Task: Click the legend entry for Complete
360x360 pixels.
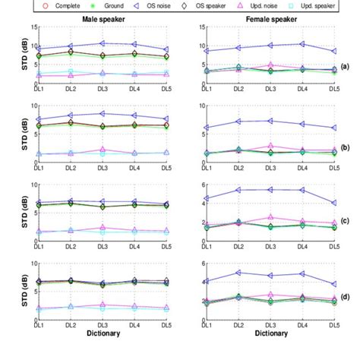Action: coord(55,5)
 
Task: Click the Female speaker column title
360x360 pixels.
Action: coord(266,17)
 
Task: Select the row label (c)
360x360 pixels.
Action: coord(346,220)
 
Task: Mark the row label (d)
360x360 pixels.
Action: coord(346,298)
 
